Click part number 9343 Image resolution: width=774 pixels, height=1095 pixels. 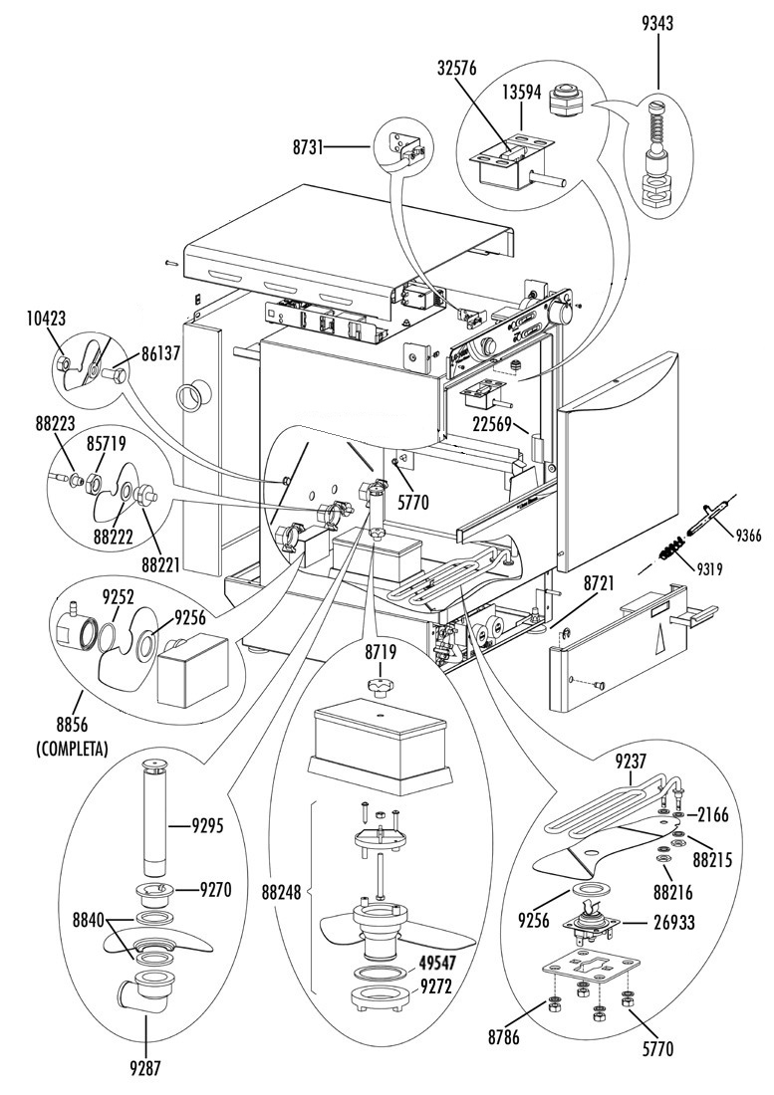(x=657, y=24)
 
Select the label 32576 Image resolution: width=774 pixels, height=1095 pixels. (x=457, y=69)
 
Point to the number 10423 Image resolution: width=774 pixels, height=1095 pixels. (x=47, y=319)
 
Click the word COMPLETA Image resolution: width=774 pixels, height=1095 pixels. (x=72, y=751)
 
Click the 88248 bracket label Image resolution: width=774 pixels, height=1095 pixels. (x=281, y=893)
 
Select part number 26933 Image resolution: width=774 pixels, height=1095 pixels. (x=675, y=923)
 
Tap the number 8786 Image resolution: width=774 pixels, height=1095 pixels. (x=504, y=1037)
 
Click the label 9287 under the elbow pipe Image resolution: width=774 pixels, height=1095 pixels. (x=146, y=1067)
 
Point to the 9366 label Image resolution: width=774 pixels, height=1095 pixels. (x=747, y=537)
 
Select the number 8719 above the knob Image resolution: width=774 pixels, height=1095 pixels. (x=380, y=653)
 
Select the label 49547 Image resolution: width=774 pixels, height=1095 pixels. (x=436, y=964)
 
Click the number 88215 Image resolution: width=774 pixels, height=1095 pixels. (x=712, y=860)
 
